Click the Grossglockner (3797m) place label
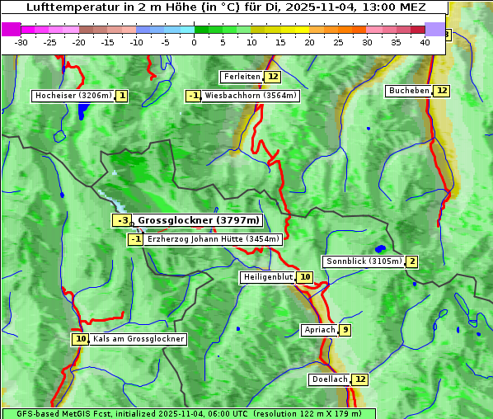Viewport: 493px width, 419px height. [198, 220]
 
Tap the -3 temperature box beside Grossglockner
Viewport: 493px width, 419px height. [122, 220]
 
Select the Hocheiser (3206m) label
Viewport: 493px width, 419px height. [73, 96]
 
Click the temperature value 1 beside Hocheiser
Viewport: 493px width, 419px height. [122, 96]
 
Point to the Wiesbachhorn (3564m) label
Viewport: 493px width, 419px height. [251, 96]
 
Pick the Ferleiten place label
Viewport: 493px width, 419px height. [242, 77]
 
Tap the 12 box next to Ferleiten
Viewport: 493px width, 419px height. [272, 77]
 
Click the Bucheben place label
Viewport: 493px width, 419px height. [409, 91]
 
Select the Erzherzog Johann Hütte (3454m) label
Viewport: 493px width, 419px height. [214, 239]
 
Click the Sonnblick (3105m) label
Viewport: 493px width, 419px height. [364, 261]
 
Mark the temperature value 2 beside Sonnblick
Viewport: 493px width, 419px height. [411, 261]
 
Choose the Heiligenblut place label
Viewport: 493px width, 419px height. [267, 277]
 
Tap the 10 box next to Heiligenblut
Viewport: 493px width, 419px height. [305, 277]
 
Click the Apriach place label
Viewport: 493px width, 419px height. [319, 330]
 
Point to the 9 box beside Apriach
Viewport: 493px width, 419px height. [345, 330]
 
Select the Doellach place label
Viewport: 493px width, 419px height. [330, 379]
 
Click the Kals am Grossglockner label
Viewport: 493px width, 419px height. [138, 339]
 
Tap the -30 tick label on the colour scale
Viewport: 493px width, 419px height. [21, 42]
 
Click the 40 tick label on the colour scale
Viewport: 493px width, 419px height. [425, 42]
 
